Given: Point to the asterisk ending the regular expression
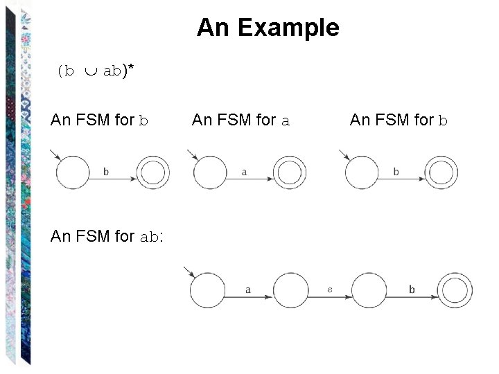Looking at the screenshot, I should tap(130, 68).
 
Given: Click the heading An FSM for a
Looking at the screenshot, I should tap(240, 121).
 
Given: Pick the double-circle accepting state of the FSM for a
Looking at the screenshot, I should tap(290, 172).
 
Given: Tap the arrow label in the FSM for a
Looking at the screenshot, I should tap(245, 172).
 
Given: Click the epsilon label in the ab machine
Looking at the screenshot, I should tap(330, 289).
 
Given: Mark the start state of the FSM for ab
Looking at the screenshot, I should tap(207, 290).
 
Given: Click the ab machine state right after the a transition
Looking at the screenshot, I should tap(290, 290).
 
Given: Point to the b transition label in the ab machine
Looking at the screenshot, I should tap(412, 290).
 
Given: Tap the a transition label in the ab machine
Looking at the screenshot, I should tap(247, 290).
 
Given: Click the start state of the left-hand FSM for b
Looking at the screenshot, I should tap(73, 172).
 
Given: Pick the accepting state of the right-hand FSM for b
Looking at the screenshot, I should tap(441, 172).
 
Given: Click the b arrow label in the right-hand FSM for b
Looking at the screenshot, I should tap(396, 172).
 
